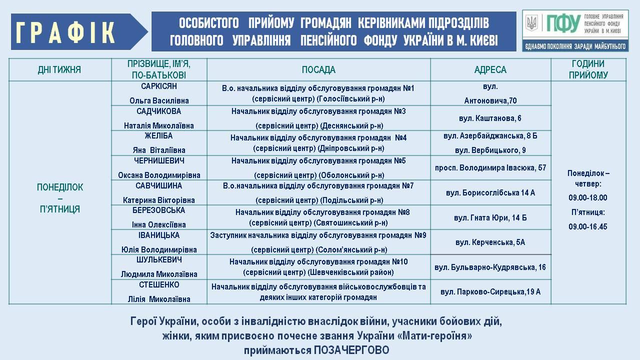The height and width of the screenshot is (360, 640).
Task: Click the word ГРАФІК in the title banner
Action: (66, 32)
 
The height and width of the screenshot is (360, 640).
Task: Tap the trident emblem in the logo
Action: (531, 22)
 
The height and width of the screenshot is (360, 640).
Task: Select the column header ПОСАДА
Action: (318, 70)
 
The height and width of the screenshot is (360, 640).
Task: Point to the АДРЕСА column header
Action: (490, 70)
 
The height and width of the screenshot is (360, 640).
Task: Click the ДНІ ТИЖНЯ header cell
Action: (59, 70)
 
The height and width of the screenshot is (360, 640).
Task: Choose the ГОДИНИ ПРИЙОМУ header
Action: (588, 69)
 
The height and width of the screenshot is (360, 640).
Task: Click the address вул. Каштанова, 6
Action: (490, 118)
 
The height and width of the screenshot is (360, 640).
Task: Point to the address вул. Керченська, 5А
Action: (490, 242)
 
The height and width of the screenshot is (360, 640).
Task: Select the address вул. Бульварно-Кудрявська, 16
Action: (490, 267)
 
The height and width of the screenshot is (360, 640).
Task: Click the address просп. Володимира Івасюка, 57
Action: (490, 168)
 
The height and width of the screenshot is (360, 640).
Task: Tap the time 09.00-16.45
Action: (588, 226)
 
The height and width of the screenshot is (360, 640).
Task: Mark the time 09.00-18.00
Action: (588, 197)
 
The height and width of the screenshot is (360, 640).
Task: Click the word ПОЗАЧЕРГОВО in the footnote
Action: (351, 350)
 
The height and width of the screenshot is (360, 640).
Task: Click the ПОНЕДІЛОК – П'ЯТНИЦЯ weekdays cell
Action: (60, 198)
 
